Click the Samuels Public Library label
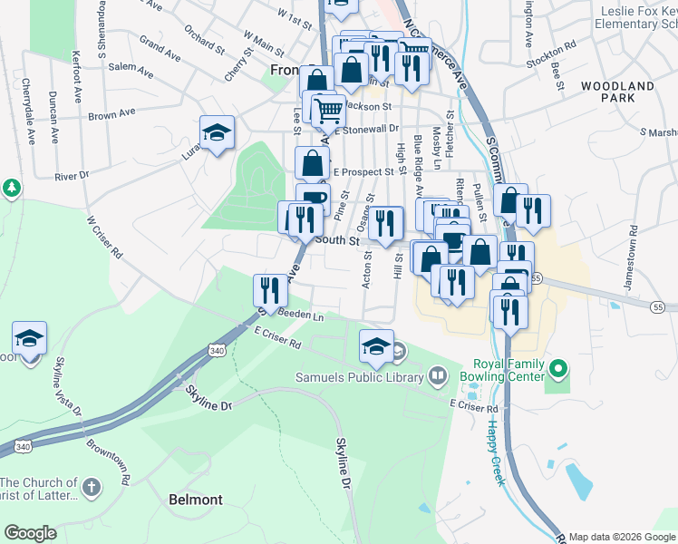(x=360, y=374)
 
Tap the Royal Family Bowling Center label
(x=499, y=369)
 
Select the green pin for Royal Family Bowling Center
(x=559, y=369)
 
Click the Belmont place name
(x=196, y=500)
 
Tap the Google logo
(x=30, y=533)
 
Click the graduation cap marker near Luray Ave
(x=218, y=134)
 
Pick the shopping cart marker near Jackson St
(x=328, y=112)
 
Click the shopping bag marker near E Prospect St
(x=313, y=163)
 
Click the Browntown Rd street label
(x=107, y=461)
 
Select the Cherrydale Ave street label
(x=29, y=112)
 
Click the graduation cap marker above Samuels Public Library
(x=377, y=345)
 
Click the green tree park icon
(x=11, y=188)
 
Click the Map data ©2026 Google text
(x=622, y=537)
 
